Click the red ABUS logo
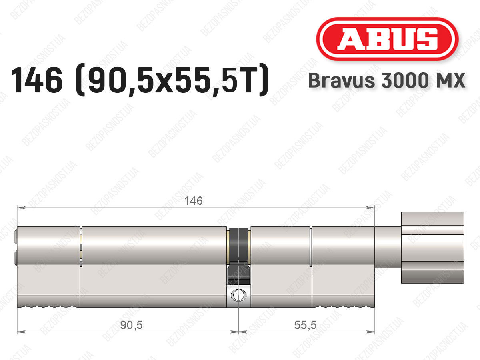click(387, 39)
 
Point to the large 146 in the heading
click(37, 80)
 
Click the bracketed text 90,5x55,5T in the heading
click(172, 80)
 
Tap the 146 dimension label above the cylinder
click(194, 201)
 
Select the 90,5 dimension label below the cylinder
click(131, 325)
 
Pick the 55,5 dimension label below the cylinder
click(305, 325)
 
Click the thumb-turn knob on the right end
click(432, 248)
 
